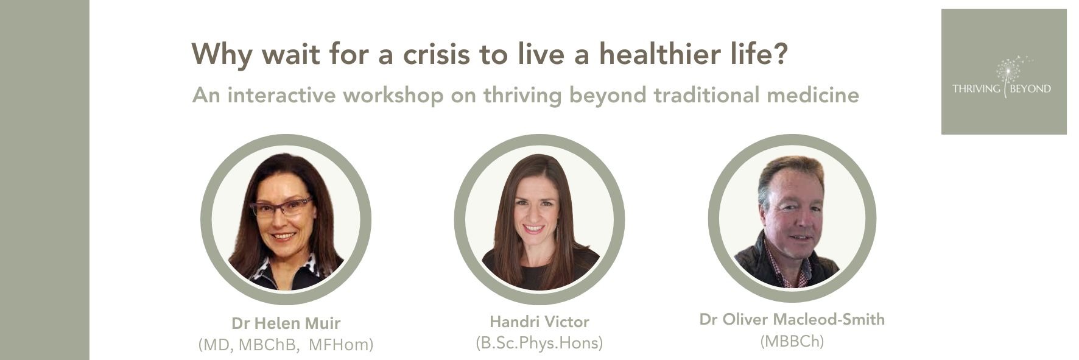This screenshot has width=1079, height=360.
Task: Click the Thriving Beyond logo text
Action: pos(1002,89)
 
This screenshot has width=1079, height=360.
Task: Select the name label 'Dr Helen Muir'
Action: pos(286,323)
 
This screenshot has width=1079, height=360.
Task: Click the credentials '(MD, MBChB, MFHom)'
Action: pos(286,345)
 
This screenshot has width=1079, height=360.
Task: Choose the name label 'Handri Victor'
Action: pos(539,321)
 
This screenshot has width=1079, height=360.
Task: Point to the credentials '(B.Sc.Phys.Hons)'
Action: pos(539,343)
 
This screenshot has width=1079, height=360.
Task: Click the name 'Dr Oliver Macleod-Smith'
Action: pos(792,319)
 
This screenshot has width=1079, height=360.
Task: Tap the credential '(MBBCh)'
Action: pos(792,342)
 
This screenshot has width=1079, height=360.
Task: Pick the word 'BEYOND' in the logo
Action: pos(1030,89)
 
